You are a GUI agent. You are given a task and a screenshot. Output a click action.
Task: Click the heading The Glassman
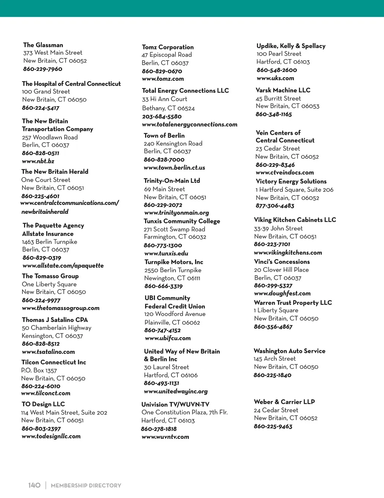(43, 45)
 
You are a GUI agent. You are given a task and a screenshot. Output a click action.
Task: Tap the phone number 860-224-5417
(40, 108)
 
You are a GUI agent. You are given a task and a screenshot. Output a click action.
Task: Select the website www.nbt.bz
(38, 161)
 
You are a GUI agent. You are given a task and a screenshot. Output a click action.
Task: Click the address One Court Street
(46, 180)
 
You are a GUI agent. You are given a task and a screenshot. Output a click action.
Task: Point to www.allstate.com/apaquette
(63, 265)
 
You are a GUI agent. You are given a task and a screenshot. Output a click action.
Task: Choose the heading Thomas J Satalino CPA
(55, 320)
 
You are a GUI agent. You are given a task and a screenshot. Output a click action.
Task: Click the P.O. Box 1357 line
(39, 370)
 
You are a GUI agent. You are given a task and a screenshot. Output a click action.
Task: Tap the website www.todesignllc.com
(51, 436)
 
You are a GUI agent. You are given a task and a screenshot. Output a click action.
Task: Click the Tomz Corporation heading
(168, 47)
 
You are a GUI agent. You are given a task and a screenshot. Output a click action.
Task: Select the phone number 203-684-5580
(162, 116)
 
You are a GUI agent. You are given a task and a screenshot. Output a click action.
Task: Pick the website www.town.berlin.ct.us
(174, 167)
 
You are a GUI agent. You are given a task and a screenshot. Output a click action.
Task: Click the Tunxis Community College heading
(182, 221)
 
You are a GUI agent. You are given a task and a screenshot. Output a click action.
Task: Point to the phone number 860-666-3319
(163, 286)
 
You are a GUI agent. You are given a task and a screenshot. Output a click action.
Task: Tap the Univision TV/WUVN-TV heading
(175, 404)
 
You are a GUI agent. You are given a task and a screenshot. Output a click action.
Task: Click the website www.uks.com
(275, 78)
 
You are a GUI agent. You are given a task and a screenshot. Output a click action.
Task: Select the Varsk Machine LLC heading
(283, 90)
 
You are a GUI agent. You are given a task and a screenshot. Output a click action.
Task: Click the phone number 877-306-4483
(275, 206)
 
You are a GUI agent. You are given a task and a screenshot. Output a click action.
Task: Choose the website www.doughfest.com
(282, 293)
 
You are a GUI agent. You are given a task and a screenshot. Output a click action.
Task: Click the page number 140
(34, 485)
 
